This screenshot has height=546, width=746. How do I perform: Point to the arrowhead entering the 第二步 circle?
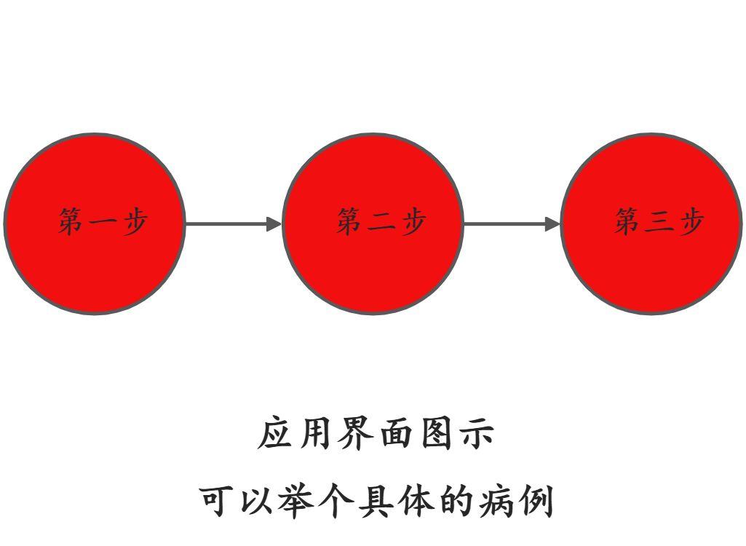pyautogui.click(x=274, y=223)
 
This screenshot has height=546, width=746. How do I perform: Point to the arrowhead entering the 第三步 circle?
pyautogui.click(x=552, y=223)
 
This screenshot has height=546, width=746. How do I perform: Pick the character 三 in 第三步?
pyautogui.click(x=659, y=222)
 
